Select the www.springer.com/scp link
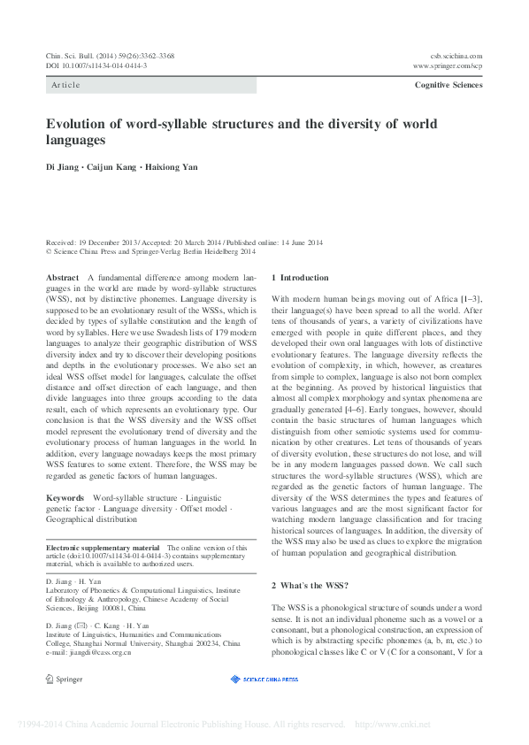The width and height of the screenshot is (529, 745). pyautogui.click(x=448, y=66)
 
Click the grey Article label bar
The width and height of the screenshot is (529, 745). pyautogui.click(x=150, y=85)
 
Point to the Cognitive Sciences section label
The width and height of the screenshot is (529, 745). pyautogui.click(x=448, y=85)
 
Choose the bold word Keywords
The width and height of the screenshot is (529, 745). pyautogui.click(x=65, y=498)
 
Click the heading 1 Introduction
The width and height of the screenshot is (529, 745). pyautogui.click(x=300, y=278)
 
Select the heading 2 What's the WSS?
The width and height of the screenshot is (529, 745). pyautogui.click(x=310, y=586)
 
